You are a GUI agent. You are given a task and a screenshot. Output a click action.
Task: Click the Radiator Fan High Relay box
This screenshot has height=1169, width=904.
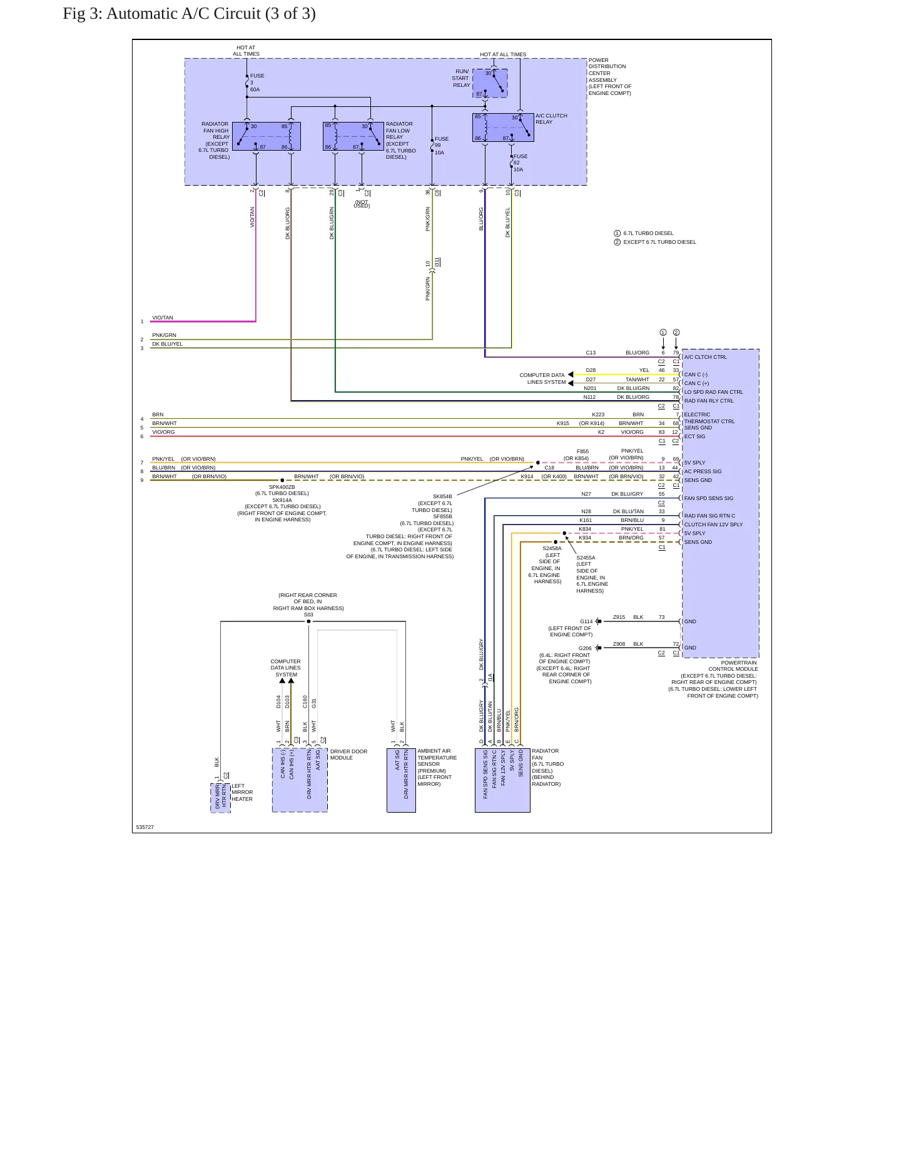[x=267, y=136]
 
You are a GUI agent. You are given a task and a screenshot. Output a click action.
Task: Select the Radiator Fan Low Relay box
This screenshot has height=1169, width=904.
[x=353, y=136]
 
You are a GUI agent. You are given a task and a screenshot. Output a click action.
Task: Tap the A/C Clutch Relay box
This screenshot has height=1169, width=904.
[x=503, y=128]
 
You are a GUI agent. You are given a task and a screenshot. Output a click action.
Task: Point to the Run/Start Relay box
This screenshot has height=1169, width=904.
[x=490, y=83]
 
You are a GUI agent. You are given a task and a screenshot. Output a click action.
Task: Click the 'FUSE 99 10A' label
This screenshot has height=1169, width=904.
[x=442, y=146]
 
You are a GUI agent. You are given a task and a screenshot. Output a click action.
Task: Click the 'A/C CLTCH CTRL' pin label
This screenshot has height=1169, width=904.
[x=706, y=357]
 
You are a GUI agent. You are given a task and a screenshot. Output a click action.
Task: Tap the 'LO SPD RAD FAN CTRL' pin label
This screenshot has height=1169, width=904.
[x=713, y=392]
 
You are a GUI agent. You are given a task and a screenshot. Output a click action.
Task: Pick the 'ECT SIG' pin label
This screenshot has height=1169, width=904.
[x=694, y=436]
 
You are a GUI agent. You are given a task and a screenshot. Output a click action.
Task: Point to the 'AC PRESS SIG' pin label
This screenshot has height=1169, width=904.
[x=703, y=471]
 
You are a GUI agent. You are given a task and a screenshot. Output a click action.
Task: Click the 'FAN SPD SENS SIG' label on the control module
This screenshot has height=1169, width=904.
[x=709, y=498]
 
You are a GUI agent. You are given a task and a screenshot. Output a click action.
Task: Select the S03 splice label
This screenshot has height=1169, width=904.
[x=308, y=615]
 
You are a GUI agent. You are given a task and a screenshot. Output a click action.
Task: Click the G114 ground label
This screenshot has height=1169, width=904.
[x=586, y=621]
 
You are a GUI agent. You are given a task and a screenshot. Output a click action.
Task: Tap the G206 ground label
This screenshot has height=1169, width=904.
[x=585, y=648]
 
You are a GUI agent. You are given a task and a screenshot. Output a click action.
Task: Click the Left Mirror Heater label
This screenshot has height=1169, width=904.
[x=242, y=792]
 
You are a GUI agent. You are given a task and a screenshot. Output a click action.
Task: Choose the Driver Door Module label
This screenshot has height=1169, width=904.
[x=349, y=755]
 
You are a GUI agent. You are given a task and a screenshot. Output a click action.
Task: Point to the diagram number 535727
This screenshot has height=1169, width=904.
[x=145, y=827]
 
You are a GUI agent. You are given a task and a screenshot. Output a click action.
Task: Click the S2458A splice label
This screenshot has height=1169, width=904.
[x=552, y=548]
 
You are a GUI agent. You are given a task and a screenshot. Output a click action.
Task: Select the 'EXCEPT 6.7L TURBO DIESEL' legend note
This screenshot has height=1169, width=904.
[x=659, y=242]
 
